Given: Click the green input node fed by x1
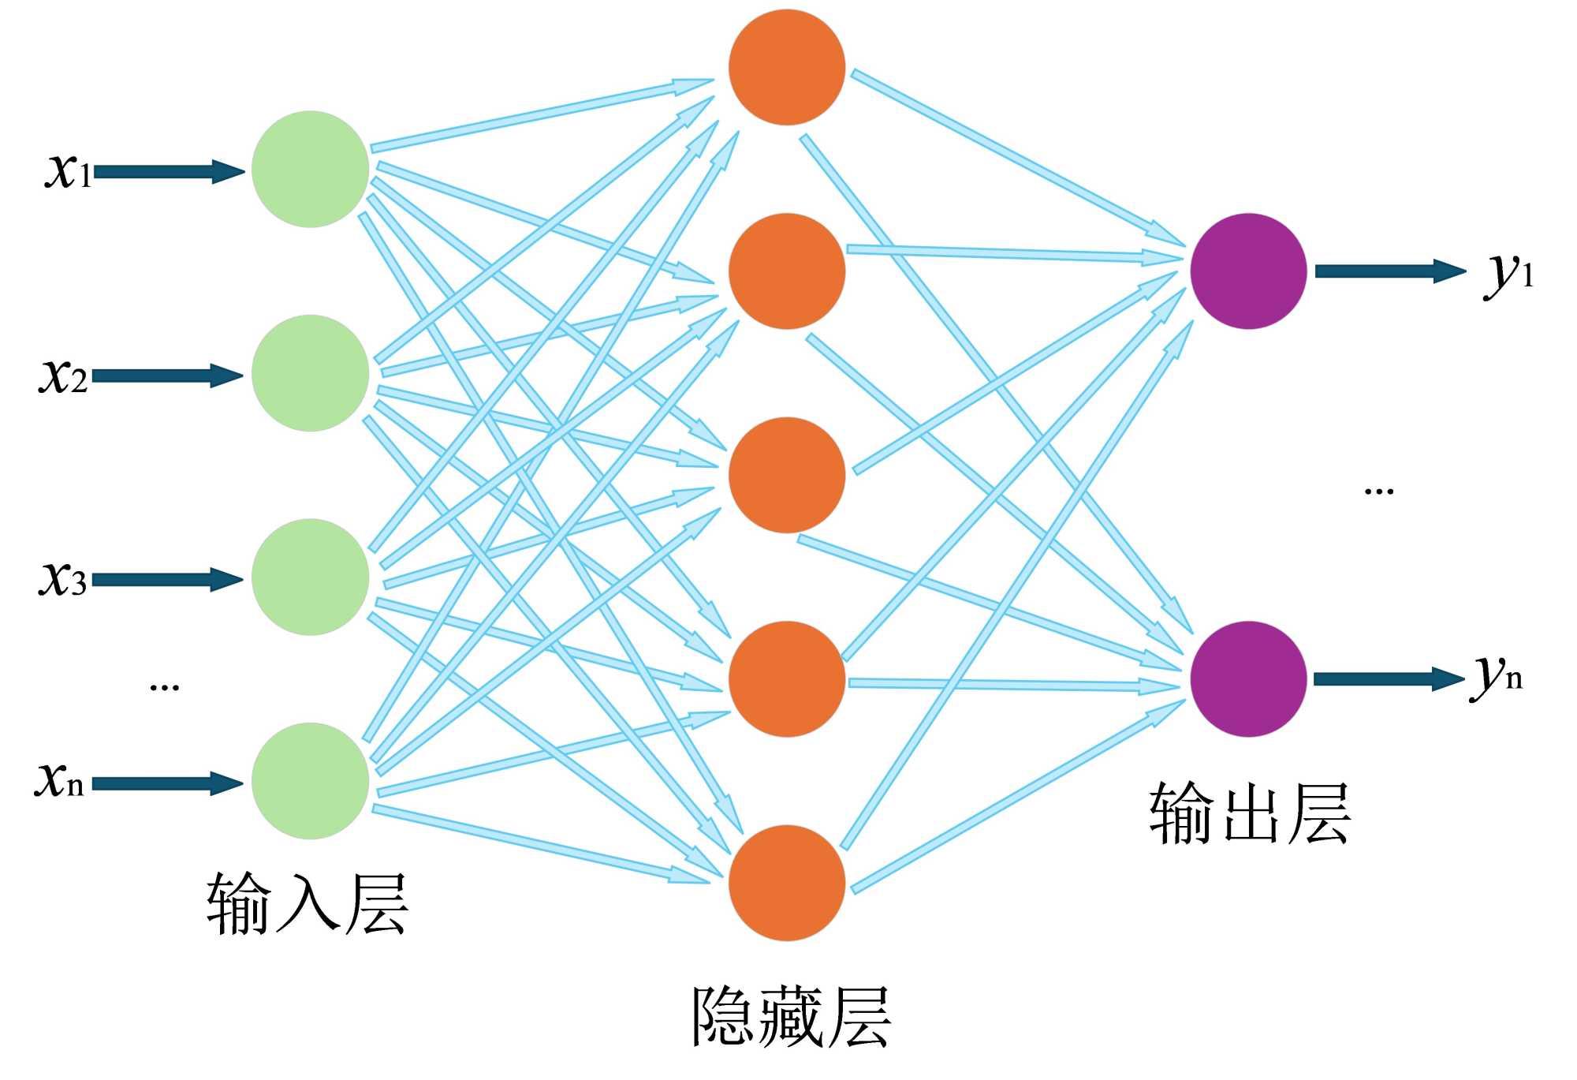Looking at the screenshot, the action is (x=310, y=170).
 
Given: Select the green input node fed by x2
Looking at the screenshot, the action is (x=310, y=373).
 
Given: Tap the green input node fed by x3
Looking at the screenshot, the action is (x=310, y=577).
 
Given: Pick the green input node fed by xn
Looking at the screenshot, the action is (x=310, y=781).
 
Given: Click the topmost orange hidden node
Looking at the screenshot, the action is (x=787, y=67).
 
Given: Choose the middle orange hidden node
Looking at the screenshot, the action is (x=787, y=475).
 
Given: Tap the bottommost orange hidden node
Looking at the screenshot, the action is (x=787, y=883).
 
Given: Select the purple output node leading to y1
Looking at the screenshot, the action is (x=1248, y=271).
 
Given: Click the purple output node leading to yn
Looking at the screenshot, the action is (x=1248, y=678).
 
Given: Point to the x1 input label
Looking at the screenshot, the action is (x=68, y=170).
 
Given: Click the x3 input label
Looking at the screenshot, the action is (x=63, y=578).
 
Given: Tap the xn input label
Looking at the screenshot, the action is (x=59, y=780).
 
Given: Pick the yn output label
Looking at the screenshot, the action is (x=1497, y=677).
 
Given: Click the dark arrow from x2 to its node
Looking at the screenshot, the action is (x=167, y=376).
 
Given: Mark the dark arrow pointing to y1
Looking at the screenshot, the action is (x=1389, y=271).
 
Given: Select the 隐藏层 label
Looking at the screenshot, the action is (x=791, y=1018).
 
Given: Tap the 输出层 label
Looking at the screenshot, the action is (x=1250, y=814).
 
